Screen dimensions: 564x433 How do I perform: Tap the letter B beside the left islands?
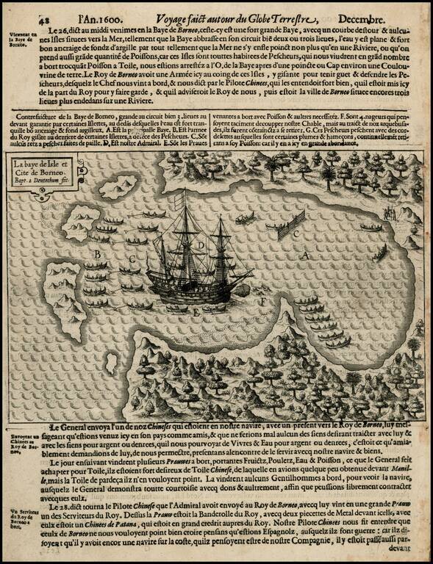(97, 254)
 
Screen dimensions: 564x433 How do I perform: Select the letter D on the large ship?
(200, 245)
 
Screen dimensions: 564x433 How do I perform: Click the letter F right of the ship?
(262, 301)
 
